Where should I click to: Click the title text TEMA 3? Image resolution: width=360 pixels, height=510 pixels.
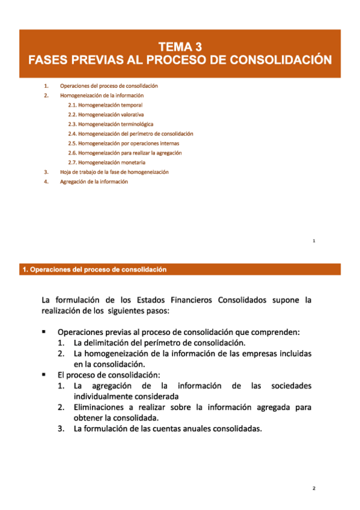click(180, 46)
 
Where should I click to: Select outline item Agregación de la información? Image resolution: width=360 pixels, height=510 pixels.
click(94, 182)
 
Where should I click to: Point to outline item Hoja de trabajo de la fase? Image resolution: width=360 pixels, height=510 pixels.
click(114, 172)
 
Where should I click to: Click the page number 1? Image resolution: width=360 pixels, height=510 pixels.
click(314, 241)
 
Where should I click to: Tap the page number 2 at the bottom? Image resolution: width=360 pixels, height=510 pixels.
click(313, 488)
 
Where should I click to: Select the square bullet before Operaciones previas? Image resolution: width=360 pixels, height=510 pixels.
click(44, 332)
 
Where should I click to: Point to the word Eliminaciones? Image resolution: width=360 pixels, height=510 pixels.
click(103, 407)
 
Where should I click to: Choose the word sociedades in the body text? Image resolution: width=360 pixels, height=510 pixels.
click(288, 386)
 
